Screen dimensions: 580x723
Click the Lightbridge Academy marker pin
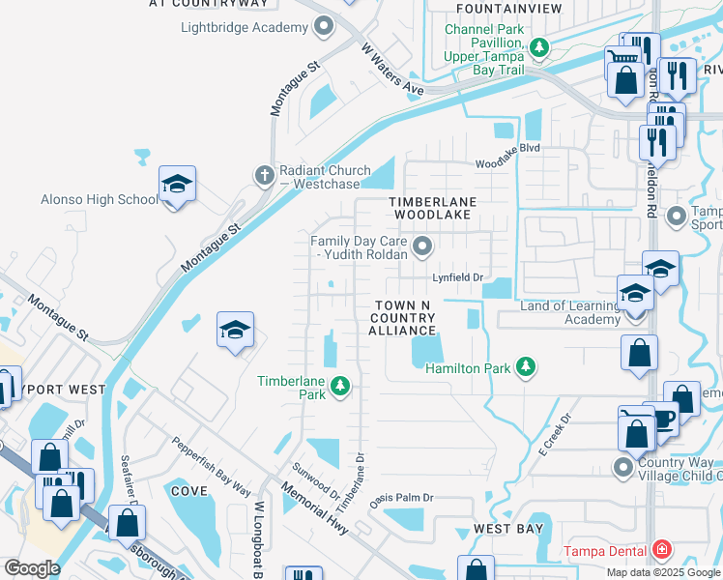[324, 27]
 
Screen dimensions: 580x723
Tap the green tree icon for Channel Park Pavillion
[539, 45]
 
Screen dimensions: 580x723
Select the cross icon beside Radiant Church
[262, 176]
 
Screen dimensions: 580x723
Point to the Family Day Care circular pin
[421, 247]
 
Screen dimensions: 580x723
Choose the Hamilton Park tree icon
[525, 366]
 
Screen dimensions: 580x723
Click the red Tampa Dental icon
[661, 552]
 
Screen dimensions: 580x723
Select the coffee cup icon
[663, 419]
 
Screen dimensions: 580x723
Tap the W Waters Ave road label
[393, 70]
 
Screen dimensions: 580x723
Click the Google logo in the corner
[32, 568]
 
